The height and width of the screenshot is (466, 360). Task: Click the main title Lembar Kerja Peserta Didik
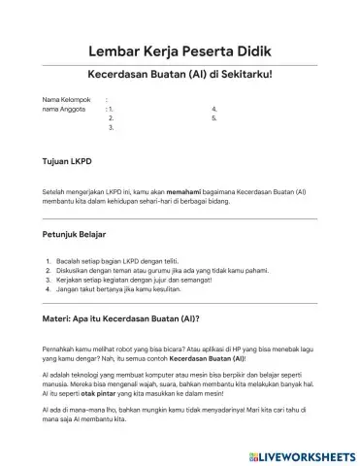coord(180,50)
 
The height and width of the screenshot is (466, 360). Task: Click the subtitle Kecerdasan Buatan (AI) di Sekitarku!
coord(180,74)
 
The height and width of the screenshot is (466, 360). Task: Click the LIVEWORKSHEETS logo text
coord(305,453)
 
